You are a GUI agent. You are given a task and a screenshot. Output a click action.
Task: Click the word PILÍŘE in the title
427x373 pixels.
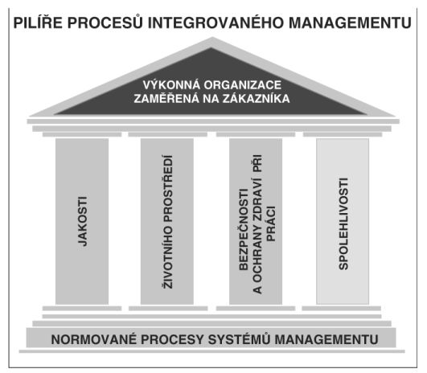[38, 22]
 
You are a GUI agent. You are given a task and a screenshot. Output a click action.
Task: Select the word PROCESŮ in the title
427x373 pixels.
[105, 22]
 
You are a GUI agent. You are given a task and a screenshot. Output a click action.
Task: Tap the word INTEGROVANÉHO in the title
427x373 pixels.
[216, 22]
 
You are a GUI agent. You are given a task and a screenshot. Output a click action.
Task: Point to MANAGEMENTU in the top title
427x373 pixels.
[350, 23]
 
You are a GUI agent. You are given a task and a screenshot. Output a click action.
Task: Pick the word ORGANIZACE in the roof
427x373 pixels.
[243, 85]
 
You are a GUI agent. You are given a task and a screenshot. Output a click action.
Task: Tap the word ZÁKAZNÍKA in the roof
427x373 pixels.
[256, 98]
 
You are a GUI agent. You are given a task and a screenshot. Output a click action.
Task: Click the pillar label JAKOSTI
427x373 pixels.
[83, 221]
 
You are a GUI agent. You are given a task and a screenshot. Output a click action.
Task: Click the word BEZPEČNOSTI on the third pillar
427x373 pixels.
[244, 229]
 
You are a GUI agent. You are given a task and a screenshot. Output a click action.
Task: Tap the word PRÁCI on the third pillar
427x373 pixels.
[271, 223]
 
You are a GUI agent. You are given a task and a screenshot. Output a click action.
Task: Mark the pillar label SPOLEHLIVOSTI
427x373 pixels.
[343, 223]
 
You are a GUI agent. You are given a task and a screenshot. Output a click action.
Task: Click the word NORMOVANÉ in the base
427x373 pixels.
[93, 339]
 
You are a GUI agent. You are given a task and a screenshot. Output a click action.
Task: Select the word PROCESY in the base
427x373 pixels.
[172, 340]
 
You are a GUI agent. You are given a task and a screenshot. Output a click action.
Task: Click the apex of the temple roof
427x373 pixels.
[212, 38]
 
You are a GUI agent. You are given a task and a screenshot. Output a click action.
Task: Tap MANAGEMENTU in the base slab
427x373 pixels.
[326, 340]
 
